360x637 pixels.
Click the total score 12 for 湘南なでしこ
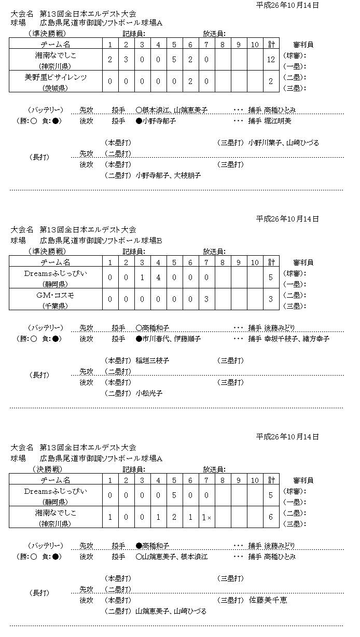coord(271,60)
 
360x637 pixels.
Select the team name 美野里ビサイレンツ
coord(56,77)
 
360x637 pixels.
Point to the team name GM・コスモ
coord(57,295)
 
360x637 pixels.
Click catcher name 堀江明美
coord(278,121)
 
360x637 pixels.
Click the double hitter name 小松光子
coord(149,394)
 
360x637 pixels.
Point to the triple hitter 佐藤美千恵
coord(268,600)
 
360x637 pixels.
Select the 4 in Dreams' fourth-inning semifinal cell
coord(158,278)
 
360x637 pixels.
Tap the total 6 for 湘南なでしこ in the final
coord(271,518)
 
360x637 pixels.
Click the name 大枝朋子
coord(187,176)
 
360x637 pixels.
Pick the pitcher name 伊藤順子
coord(187,339)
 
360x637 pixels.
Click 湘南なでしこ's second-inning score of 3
coord(126,60)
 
